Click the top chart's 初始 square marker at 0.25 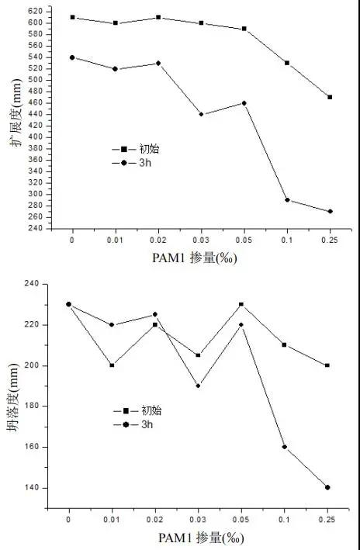point(330,97)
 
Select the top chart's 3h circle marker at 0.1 point(287,200)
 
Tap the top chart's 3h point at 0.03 point(201,114)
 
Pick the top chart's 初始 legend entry point(136,149)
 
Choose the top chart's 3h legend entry point(132,163)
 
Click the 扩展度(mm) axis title point(16,112)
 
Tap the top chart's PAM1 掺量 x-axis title point(195,258)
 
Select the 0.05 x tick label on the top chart point(244,240)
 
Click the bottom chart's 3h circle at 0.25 point(327,488)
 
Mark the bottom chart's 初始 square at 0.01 point(112,365)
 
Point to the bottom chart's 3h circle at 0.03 point(199,386)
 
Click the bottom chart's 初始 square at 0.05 point(241,304)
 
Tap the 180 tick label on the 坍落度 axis point(31,406)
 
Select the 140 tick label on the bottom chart point(31,488)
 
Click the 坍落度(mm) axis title point(13,397)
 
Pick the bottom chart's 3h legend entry point(133,425)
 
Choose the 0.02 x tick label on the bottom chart point(155,520)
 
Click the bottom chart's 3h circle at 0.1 point(284,447)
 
